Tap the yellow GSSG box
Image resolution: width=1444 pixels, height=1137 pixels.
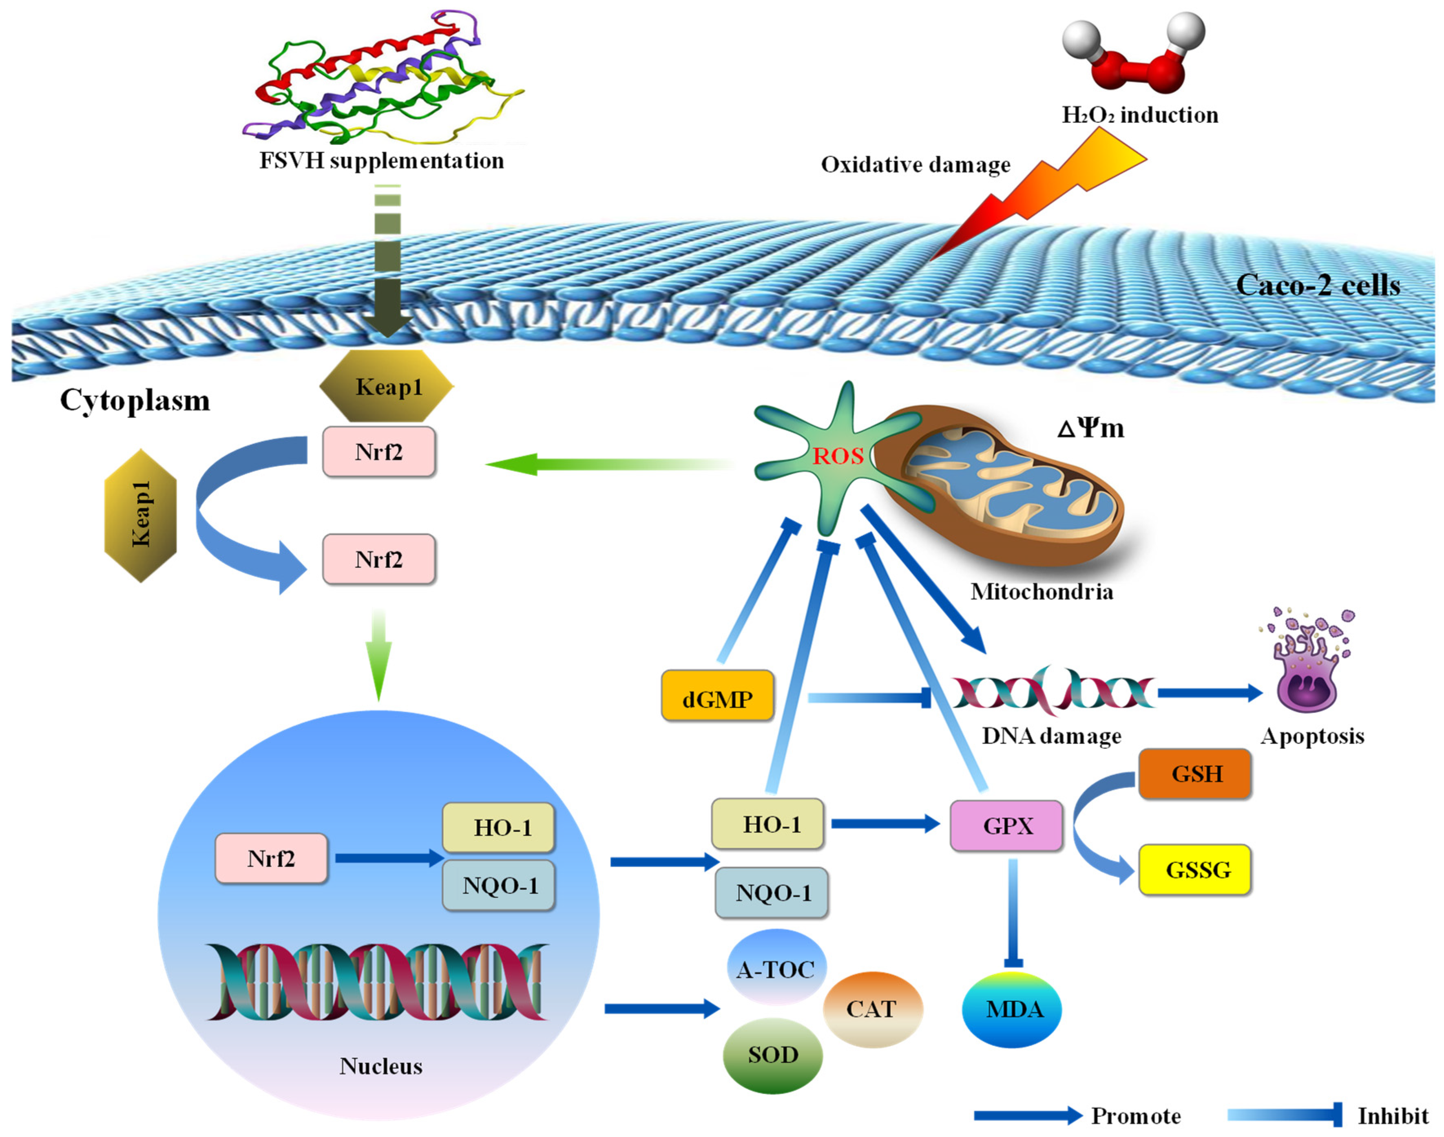(1195, 869)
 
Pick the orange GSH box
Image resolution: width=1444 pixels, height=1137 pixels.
(1195, 773)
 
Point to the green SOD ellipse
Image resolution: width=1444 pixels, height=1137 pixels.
(773, 1054)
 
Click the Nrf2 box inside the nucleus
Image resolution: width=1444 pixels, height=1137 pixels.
(271, 858)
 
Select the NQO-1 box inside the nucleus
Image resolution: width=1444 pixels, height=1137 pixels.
(499, 885)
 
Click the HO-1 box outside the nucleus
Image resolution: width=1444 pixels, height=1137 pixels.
(768, 824)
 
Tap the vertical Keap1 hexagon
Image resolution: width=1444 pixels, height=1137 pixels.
(141, 516)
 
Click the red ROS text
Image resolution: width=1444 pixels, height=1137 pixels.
(838, 456)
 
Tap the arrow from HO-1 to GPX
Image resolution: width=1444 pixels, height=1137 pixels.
(886, 824)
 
